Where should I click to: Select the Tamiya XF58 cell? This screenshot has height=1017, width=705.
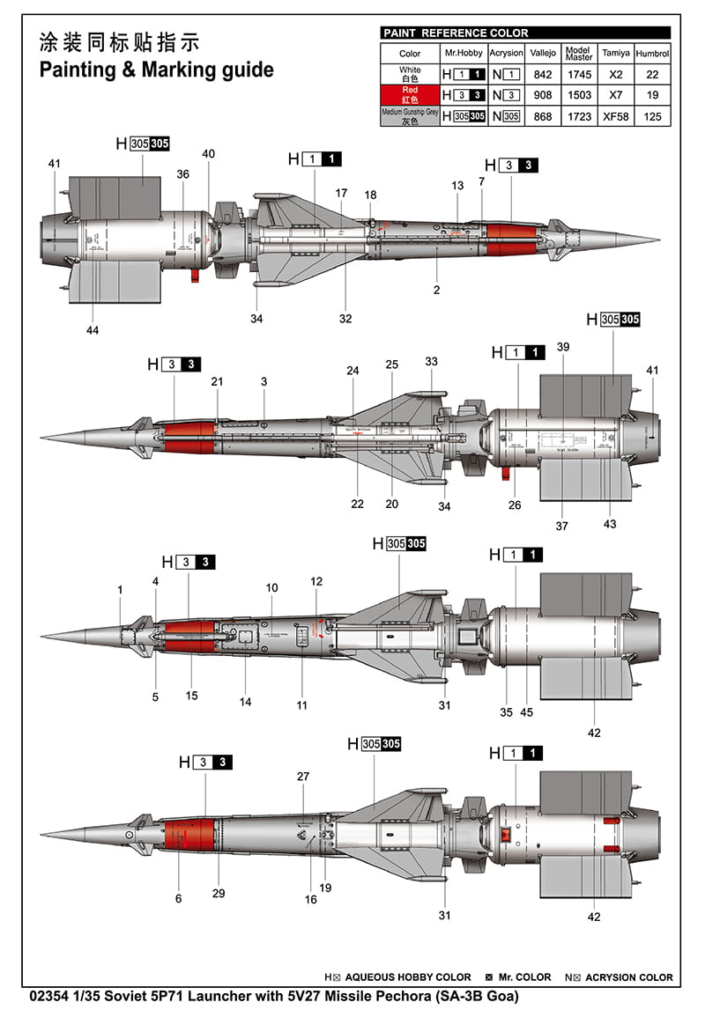616,115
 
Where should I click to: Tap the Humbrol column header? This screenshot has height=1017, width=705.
653,53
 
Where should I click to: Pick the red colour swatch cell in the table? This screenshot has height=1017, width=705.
410,95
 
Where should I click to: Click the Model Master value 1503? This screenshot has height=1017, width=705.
579,95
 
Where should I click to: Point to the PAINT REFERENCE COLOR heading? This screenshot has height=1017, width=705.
456,33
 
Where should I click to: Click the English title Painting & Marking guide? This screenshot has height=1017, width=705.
156,70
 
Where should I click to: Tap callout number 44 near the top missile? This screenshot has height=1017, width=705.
93,330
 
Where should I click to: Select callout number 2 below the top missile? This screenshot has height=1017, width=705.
436,290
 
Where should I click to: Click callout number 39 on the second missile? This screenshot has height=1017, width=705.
563,347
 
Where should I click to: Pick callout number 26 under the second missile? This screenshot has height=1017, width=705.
515,505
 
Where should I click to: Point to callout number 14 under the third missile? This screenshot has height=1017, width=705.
245,702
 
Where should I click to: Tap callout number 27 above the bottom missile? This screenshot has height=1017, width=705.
303,777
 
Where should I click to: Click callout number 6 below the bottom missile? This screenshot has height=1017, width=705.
178,898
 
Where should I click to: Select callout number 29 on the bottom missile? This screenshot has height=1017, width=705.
219,893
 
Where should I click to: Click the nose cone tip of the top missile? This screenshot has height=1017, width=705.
657,240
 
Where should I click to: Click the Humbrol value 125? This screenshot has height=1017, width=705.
653,115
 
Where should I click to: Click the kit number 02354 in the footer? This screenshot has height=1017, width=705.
50,997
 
